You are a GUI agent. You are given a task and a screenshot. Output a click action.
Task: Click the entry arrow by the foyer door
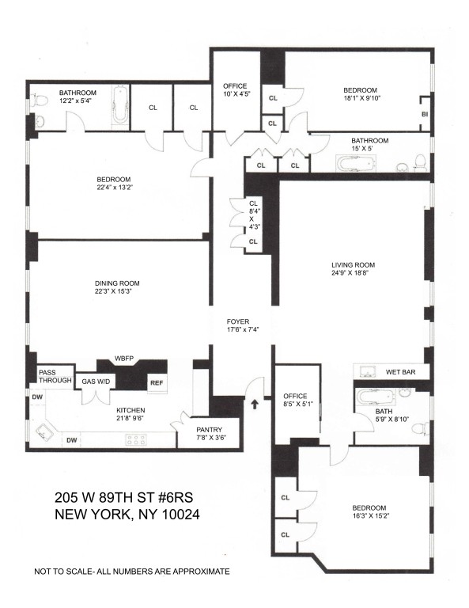255,405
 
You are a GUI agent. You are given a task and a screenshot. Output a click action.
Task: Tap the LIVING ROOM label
353,265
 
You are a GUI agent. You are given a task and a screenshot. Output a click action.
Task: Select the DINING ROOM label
117,283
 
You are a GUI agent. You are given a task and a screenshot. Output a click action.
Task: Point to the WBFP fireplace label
124,359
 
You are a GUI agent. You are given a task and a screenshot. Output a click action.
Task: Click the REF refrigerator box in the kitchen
157,383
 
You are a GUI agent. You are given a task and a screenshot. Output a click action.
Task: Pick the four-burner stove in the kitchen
136,439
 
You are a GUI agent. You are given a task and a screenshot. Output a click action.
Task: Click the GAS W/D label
96,382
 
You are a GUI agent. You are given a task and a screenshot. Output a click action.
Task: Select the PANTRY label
209,430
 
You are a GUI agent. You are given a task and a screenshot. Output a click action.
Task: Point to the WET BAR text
400,372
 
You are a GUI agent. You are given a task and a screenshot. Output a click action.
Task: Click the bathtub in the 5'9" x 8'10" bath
375,397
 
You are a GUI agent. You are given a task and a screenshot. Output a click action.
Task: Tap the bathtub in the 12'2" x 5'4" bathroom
119,105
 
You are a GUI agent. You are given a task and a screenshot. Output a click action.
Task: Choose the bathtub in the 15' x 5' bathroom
356,164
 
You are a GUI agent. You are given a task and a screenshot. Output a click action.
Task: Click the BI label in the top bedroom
425,115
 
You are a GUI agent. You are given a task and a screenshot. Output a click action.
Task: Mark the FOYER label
238,322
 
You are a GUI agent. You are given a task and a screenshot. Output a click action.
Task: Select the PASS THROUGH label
55,377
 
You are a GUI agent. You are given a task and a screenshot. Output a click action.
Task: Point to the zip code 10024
180,515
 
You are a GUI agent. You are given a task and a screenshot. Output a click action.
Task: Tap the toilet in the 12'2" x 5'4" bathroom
39,101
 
